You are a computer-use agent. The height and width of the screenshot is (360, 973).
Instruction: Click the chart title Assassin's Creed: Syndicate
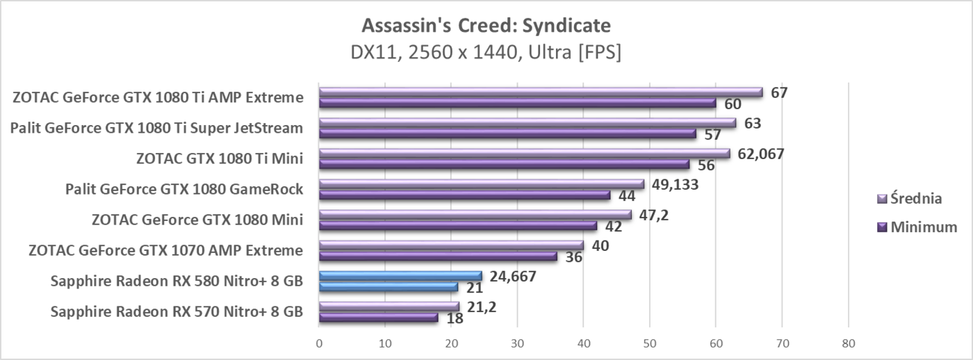[x=486, y=26]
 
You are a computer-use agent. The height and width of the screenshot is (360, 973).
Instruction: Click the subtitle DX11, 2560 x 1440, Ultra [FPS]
[x=486, y=53]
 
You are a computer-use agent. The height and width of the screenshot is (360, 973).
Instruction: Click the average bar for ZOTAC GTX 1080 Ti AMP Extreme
[x=541, y=92]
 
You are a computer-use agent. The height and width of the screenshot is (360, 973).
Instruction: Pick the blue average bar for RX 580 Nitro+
[x=400, y=276]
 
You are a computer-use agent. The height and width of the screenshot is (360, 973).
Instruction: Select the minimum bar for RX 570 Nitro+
[x=378, y=318]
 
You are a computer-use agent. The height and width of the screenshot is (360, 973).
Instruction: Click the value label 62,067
[x=760, y=154]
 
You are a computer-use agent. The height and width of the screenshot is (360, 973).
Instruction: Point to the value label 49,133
[x=675, y=184]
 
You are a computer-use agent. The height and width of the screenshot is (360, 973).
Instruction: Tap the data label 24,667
[x=513, y=276]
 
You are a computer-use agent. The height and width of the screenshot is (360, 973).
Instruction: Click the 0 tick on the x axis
[x=319, y=343]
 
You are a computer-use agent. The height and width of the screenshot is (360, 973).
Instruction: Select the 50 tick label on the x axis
[x=650, y=343]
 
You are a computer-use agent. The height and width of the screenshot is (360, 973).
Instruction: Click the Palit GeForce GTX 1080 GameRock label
[x=183, y=188]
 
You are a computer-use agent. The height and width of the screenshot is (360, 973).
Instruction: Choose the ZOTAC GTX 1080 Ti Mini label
[x=220, y=158]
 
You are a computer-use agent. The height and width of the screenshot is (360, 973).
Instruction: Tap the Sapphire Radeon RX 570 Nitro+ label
[x=177, y=311]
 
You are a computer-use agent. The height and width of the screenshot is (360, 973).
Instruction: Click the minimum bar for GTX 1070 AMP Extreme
[x=438, y=256]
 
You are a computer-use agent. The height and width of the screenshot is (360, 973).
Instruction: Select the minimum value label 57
[x=712, y=135]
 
